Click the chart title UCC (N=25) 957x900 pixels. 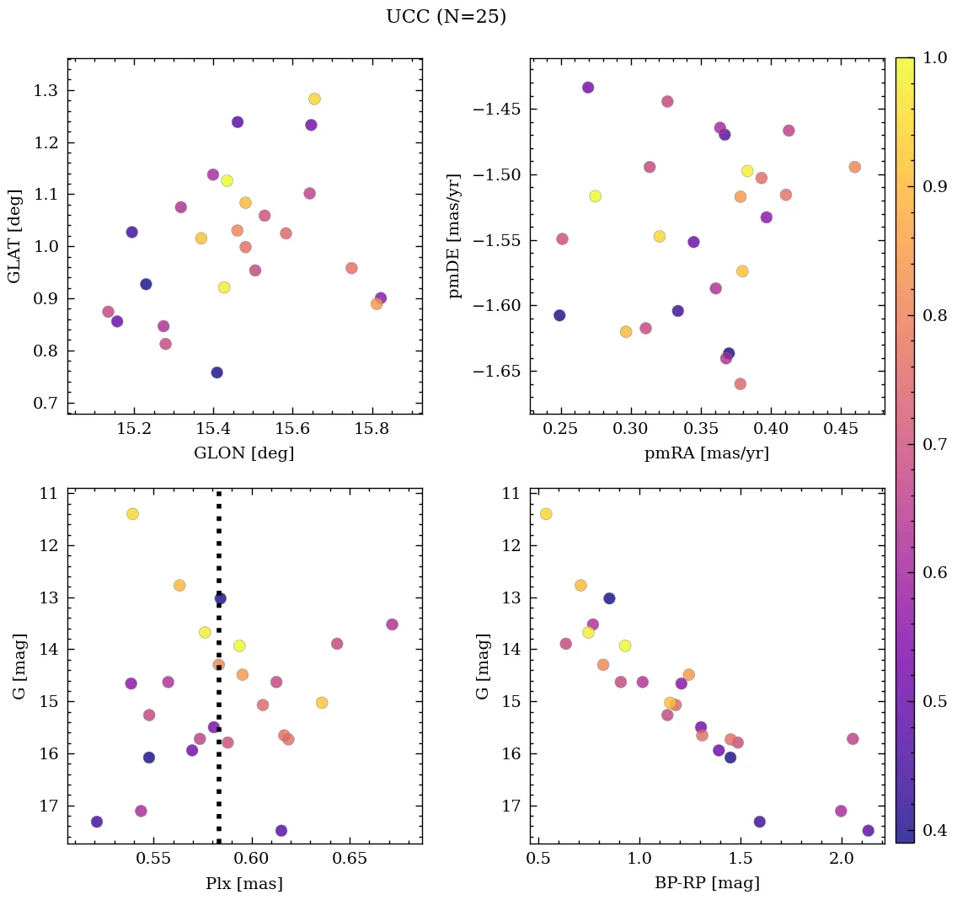coord(446,17)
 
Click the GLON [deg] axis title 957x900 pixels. coord(244,453)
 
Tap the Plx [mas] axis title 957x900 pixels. coord(244,884)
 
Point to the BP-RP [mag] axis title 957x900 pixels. coord(707,884)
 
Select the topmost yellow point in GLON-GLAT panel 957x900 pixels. coord(314,99)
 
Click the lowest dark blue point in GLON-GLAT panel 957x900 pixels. coord(217,372)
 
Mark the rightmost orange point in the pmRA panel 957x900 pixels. coord(855,167)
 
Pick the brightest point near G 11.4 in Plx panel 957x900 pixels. coord(132,514)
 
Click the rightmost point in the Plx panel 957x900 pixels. coord(392,624)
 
